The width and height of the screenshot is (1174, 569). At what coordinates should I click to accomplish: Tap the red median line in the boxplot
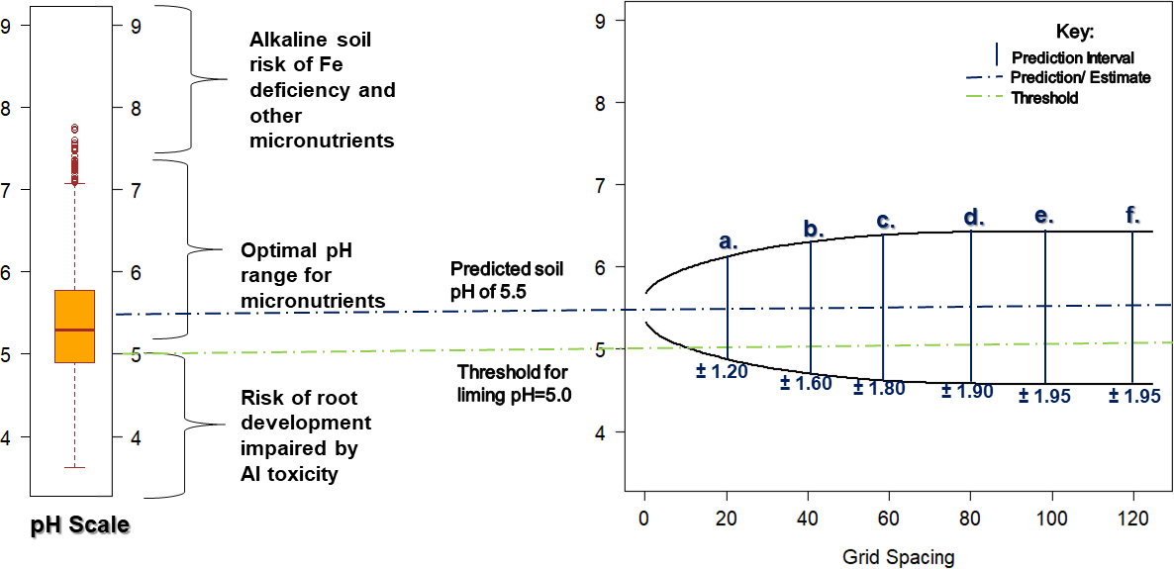[x=74, y=330]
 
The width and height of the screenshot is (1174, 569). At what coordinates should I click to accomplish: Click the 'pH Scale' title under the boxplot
[x=79, y=524]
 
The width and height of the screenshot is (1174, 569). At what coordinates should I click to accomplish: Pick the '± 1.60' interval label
[x=805, y=384]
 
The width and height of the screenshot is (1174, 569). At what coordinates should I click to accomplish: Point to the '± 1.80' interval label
[x=879, y=389]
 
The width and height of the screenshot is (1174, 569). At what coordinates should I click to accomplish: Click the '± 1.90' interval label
[x=967, y=392]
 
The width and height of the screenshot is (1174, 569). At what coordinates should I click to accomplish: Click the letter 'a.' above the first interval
[x=729, y=240]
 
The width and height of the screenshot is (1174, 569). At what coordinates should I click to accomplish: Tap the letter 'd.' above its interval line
[x=974, y=217]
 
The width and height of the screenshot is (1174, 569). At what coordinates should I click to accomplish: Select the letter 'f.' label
[x=1132, y=214]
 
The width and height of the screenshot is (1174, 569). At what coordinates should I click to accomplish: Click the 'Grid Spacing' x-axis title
[x=899, y=557]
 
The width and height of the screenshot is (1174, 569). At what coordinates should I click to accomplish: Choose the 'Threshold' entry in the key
[x=1044, y=98]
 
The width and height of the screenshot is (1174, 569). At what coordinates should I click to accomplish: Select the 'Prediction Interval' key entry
[x=1072, y=58]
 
